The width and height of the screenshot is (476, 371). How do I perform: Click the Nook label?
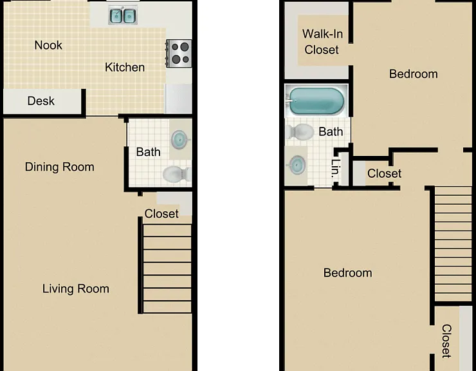pos(48,45)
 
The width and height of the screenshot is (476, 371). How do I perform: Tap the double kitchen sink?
pos(123,16)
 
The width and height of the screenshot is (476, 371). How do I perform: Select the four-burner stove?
pos(179,53)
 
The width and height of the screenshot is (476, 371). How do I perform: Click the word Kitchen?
pos(125,67)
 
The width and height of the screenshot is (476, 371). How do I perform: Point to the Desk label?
pos(41,101)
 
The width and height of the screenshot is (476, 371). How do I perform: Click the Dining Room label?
pos(59,167)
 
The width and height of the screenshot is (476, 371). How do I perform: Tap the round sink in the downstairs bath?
pos(179,140)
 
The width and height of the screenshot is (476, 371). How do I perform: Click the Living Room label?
pos(76,289)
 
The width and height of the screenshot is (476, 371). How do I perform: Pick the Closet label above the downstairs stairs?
pos(161,214)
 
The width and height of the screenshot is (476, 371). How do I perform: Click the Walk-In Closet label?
pos(322,42)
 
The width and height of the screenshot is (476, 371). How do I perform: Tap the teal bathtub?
pos(316,101)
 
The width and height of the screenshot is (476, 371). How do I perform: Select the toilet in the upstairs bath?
pos(300,132)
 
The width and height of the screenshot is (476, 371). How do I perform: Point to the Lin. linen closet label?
pos(335,168)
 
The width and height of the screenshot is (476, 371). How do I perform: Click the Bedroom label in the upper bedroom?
pos(414,74)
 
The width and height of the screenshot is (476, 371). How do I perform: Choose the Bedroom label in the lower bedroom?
pos(347,273)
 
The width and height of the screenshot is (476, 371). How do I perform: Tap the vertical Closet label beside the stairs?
pos(446,341)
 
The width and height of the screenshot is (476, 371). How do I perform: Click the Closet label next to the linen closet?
pos(384,173)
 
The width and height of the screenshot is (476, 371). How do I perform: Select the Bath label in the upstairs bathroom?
pos(331,131)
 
